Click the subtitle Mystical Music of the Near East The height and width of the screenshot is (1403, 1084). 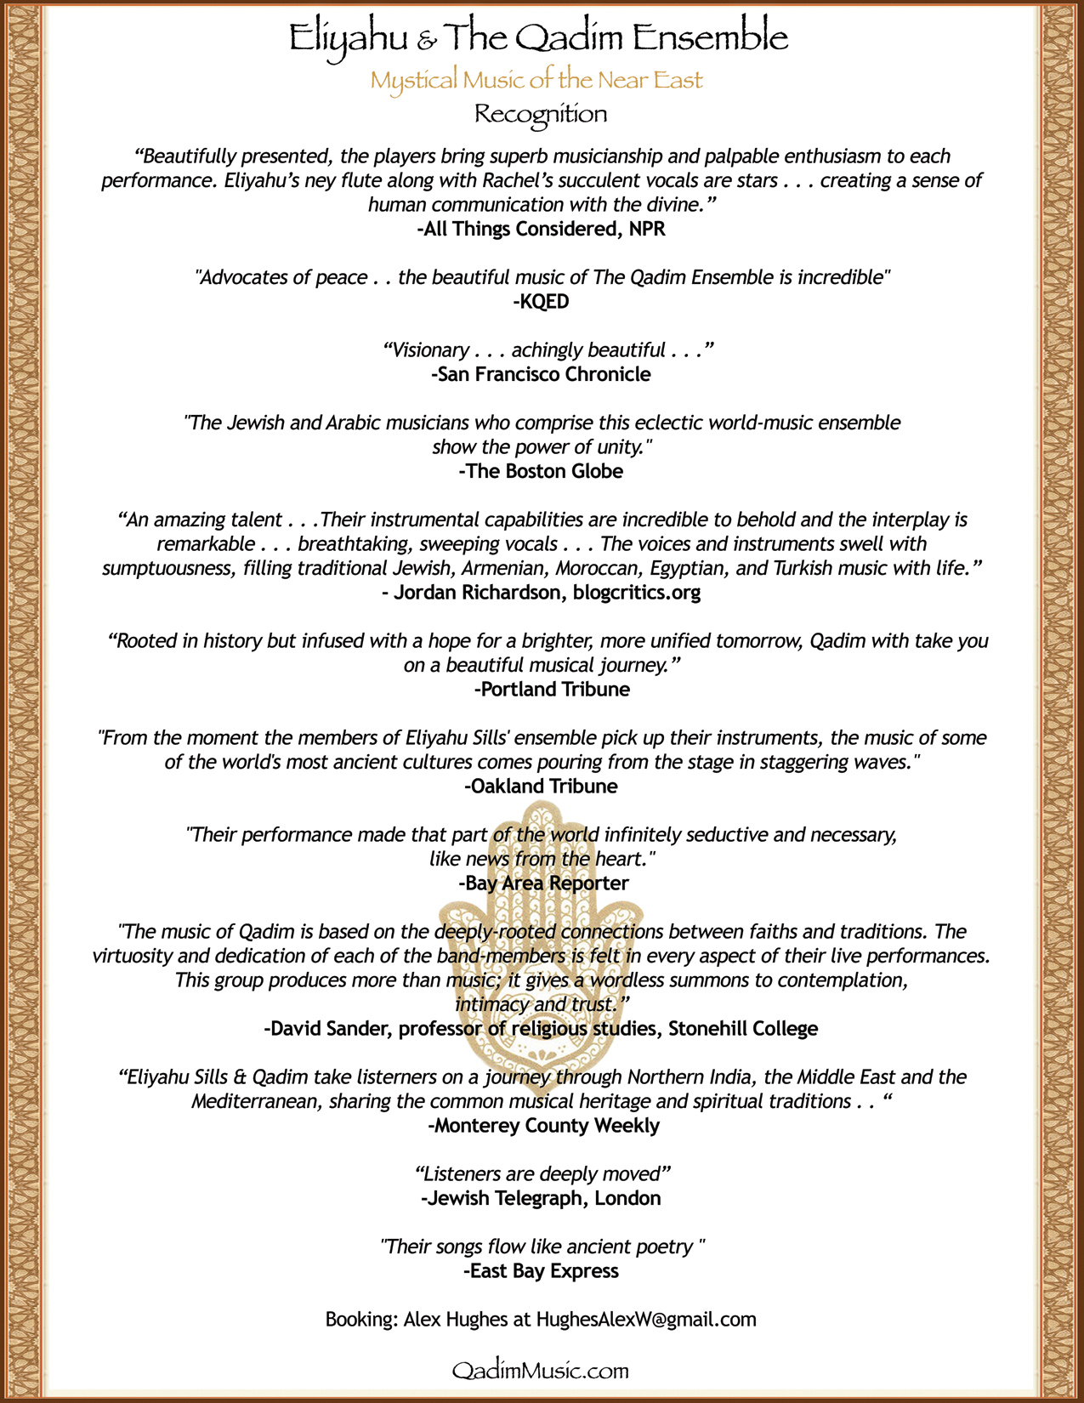[x=536, y=81]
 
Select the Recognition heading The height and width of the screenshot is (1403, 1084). [x=541, y=114]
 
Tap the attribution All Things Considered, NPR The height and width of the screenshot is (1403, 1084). [x=541, y=229]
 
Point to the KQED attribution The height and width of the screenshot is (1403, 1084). [x=541, y=301]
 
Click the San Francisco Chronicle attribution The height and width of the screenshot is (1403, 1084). [x=541, y=374]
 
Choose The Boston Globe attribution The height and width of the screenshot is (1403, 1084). [x=541, y=471]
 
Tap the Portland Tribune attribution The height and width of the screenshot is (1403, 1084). [x=552, y=690]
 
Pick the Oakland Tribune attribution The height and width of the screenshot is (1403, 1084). [x=541, y=787]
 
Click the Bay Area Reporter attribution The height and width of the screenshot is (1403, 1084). [x=543, y=883]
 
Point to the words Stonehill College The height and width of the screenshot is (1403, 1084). [x=743, y=1029]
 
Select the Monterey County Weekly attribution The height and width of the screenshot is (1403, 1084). [x=543, y=1126]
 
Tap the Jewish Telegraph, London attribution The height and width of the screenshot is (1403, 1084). [x=541, y=1199]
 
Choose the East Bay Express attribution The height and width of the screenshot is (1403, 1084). [x=541, y=1271]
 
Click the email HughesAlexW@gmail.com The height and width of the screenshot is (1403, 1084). [x=646, y=1320]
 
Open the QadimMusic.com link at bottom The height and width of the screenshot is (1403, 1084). [x=541, y=1371]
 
